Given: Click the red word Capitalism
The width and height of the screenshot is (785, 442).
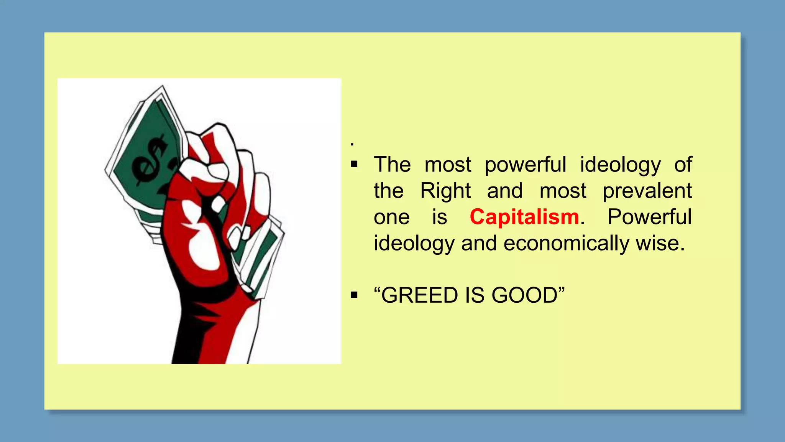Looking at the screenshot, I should [x=524, y=217].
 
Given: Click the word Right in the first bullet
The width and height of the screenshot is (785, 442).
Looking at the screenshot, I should [x=445, y=191].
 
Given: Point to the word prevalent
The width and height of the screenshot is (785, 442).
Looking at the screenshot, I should [x=647, y=191].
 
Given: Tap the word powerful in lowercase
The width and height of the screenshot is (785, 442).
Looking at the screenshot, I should [x=525, y=165].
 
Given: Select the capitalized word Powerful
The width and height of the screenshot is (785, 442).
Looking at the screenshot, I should [x=649, y=217].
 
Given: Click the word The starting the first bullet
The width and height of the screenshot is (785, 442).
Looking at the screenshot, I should [x=392, y=165].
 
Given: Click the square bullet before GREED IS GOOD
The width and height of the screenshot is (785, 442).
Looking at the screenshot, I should [x=354, y=295].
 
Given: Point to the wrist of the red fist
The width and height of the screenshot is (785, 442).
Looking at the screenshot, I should [x=215, y=318].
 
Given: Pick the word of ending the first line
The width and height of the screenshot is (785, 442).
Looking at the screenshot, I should [x=683, y=165].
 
